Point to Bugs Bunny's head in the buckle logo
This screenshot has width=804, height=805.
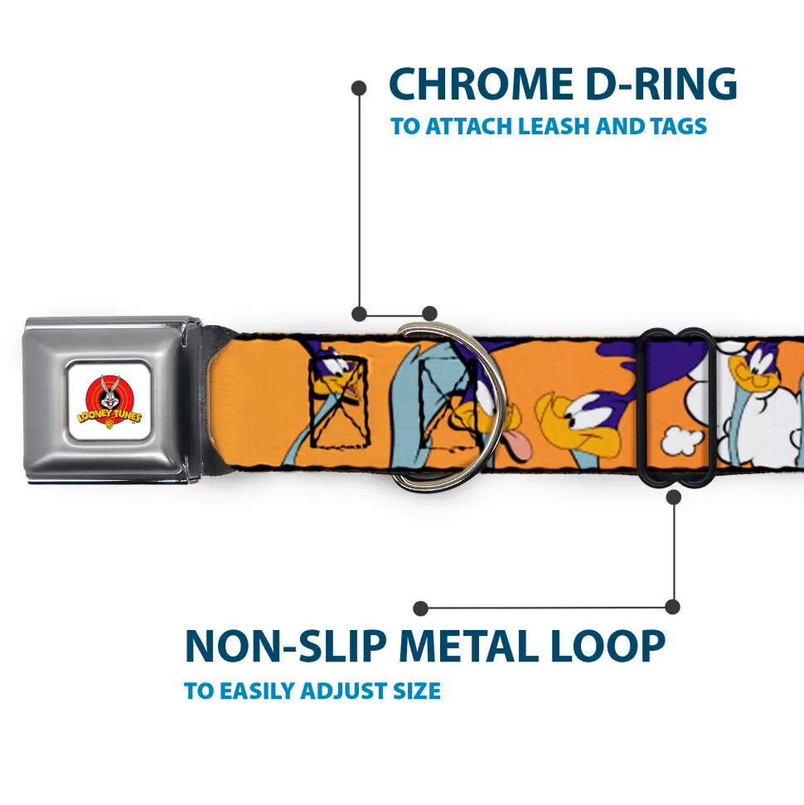click(108, 390)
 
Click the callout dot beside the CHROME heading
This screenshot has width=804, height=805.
click(359, 87)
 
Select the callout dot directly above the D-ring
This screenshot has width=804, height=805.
click(429, 313)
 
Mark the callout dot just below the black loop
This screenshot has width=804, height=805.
click(673, 497)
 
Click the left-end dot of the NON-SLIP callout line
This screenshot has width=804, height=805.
click(421, 608)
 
